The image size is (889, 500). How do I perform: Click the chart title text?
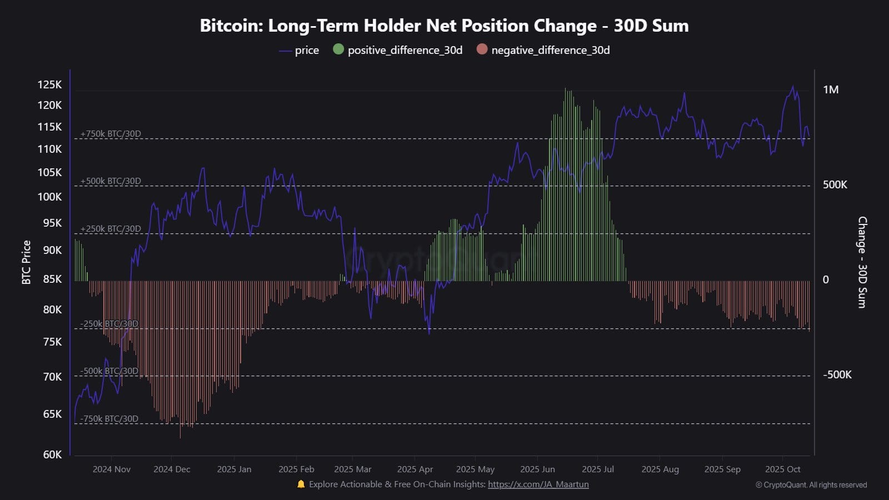pyautogui.click(x=444, y=26)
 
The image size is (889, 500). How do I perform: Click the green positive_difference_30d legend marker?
pyautogui.click(x=338, y=49)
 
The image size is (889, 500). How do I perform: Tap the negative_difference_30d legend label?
pyautogui.click(x=550, y=51)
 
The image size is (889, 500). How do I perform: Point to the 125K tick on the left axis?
pyautogui.click(x=49, y=85)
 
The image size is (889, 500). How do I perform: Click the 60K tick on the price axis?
pyautogui.click(x=52, y=454)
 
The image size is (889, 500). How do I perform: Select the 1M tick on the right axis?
pyautogui.click(x=831, y=90)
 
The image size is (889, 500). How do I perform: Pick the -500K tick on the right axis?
pyautogui.click(x=837, y=375)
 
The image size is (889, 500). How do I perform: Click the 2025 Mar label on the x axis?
pyautogui.click(x=353, y=469)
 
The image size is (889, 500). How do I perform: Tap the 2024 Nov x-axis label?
pyautogui.click(x=112, y=469)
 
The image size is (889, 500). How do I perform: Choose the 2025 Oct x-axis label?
pyautogui.click(x=782, y=469)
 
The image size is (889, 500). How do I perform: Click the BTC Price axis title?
pyautogui.click(x=26, y=262)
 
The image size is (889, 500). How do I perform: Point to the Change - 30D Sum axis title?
pyautogui.click(x=862, y=262)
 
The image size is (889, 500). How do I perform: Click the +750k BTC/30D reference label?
pyautogui.click(x=111, y=134)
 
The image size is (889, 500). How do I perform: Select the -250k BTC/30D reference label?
pyautogui.click(x=109, y=324)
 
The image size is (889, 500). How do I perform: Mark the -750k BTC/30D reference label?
pyautogui.click(x=109, y=419)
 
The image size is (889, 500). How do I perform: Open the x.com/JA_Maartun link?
pyautogui.click(x=538, y=484)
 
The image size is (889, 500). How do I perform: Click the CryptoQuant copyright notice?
pyautogui.click(x=811, y=485)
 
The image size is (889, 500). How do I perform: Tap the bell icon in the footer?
pyautogui.click(x=301, y=484)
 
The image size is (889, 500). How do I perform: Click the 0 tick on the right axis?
pyautogui.click(x=826, y=280)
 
